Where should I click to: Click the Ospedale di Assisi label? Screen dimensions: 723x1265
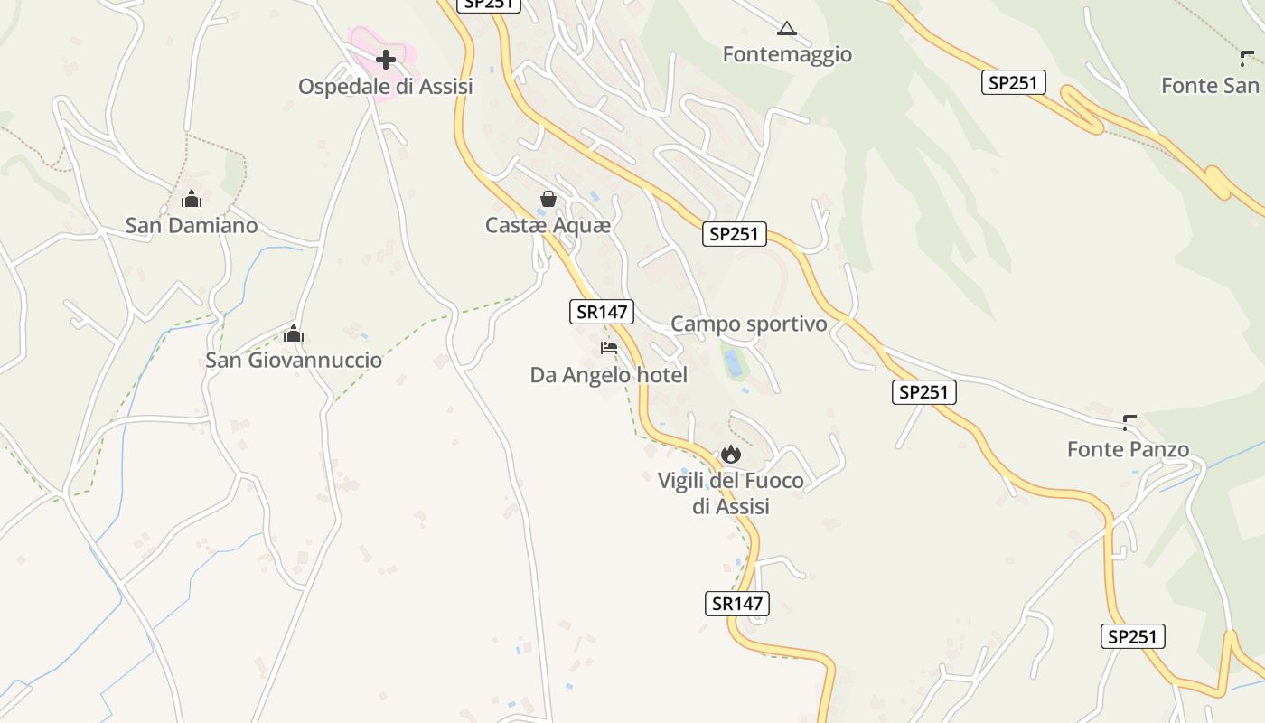point(386,87)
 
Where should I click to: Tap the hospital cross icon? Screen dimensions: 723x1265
point(386,61)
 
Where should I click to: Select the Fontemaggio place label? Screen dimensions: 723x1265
point(787,54)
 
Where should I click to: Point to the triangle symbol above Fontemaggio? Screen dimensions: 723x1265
point(787,29)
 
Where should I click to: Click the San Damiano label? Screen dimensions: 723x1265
point(192,225)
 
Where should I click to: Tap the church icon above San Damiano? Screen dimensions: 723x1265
point(192,199)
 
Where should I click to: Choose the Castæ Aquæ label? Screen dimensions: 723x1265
point(548,225)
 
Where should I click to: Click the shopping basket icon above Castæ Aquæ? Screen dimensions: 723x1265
point(548,199)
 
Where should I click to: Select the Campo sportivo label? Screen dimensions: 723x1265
point(749,324)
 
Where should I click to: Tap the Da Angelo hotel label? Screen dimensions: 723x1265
point(609,374)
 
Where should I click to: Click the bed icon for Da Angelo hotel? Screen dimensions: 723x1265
point(609,348)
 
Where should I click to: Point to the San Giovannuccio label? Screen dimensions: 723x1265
point(294,360)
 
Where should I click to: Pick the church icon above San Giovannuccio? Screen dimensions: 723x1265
point(293,334)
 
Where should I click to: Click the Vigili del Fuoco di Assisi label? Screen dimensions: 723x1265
point(730,493)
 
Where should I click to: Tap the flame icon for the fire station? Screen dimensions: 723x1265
point(730,454)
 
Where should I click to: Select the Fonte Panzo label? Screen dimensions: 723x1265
point(1128,449)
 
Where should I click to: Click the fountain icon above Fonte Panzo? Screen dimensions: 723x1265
point(1129,422)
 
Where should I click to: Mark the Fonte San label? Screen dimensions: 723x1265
point(1210,86)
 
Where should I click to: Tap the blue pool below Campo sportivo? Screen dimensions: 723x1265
point(733,363)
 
